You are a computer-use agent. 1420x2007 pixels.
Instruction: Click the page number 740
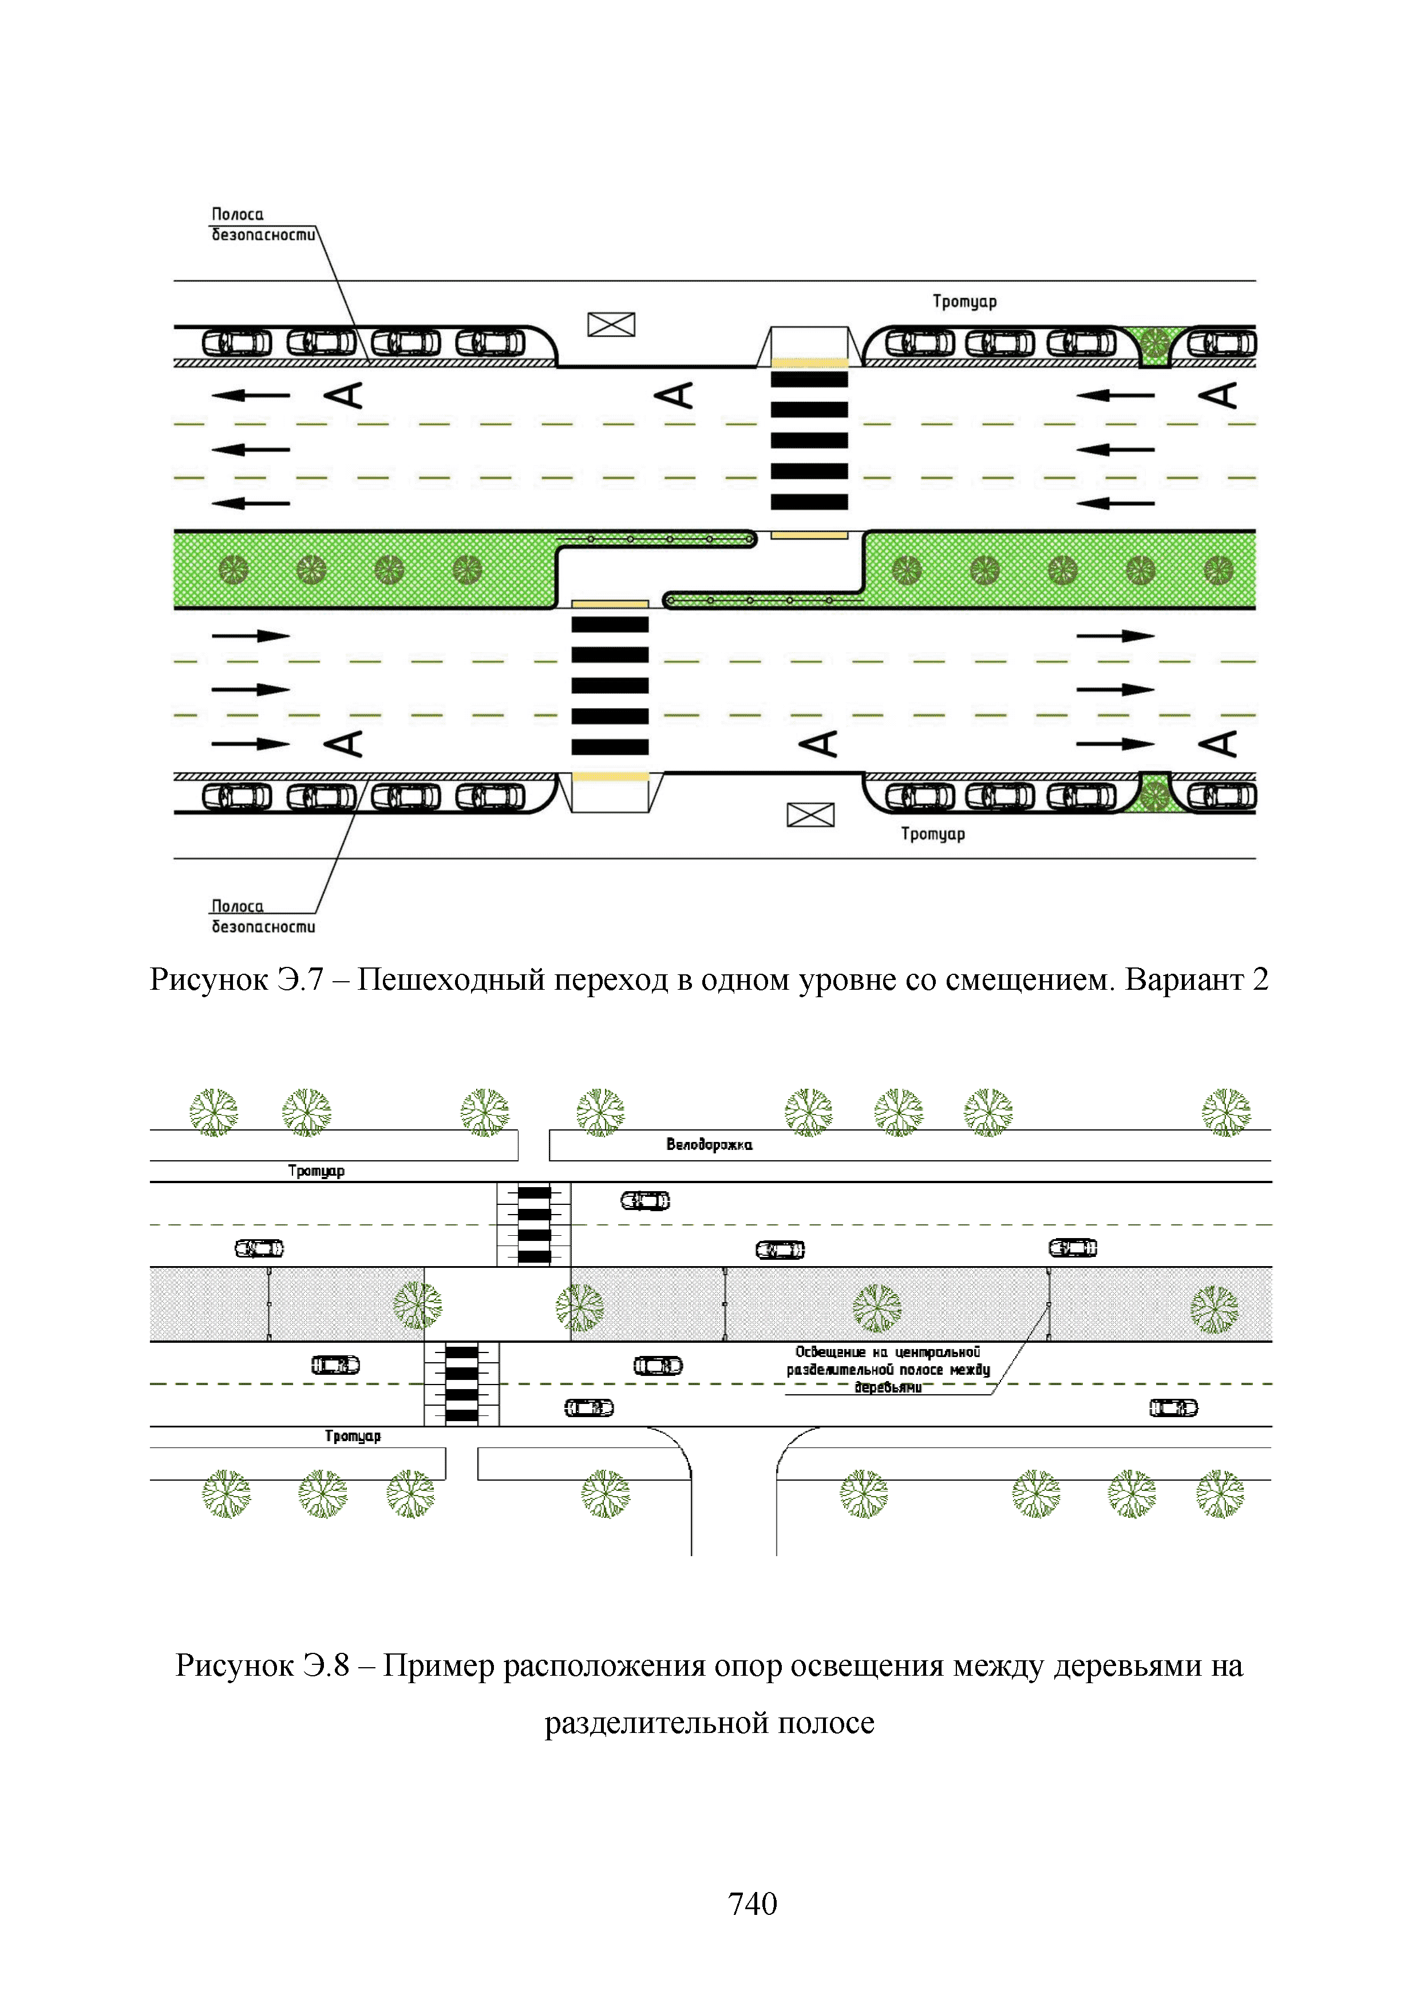click(752, 1903)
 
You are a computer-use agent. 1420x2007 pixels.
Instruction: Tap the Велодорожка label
click(709, 1144)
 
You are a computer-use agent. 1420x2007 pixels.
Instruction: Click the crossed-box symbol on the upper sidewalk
click(611, 325)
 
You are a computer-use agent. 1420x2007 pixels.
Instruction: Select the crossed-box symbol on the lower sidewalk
click(810, 815)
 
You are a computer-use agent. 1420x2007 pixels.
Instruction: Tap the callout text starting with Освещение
click(888, 1369)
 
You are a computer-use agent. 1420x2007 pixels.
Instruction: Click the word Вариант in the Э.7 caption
click(1184, 979)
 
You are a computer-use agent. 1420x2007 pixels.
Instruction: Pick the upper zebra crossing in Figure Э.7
click(809, 441)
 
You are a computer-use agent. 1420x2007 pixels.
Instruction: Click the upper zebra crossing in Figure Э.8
click(534, 1224)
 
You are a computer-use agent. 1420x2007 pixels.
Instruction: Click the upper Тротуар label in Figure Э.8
click(317, 1171)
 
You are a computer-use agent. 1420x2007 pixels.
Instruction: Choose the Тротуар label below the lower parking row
click(933, 834)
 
